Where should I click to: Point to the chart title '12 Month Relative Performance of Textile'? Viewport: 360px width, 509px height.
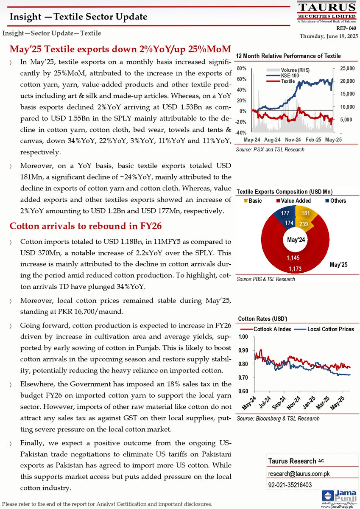tap(288, 56)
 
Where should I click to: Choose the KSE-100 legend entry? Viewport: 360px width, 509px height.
tap(278, 75)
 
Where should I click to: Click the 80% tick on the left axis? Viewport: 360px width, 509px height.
tap(241, 68)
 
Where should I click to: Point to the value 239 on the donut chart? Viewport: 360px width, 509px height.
tap(304, 224)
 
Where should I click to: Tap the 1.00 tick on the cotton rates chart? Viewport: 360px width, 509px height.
tap(243, 337)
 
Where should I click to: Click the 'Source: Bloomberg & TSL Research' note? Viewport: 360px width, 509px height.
tap(278, 419)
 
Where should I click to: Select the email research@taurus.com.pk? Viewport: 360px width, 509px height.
tap(293, 473)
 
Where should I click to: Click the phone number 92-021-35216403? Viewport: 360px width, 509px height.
tap(290, 484)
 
